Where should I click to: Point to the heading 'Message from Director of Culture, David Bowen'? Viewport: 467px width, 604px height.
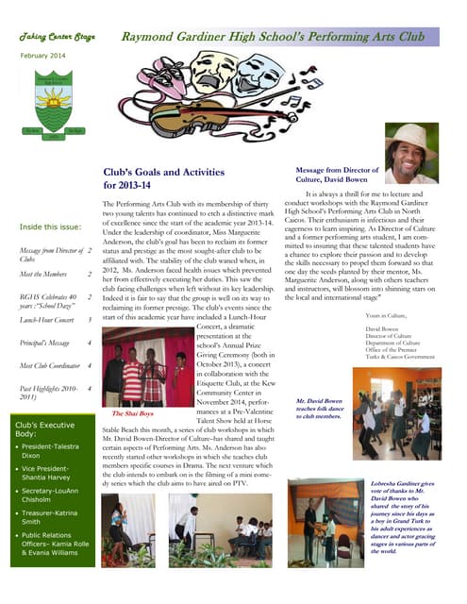click(337, 174)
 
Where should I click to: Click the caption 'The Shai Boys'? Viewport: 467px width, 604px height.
click(133, 413)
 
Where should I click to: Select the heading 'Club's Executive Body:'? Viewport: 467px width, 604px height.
click(46, 429)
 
